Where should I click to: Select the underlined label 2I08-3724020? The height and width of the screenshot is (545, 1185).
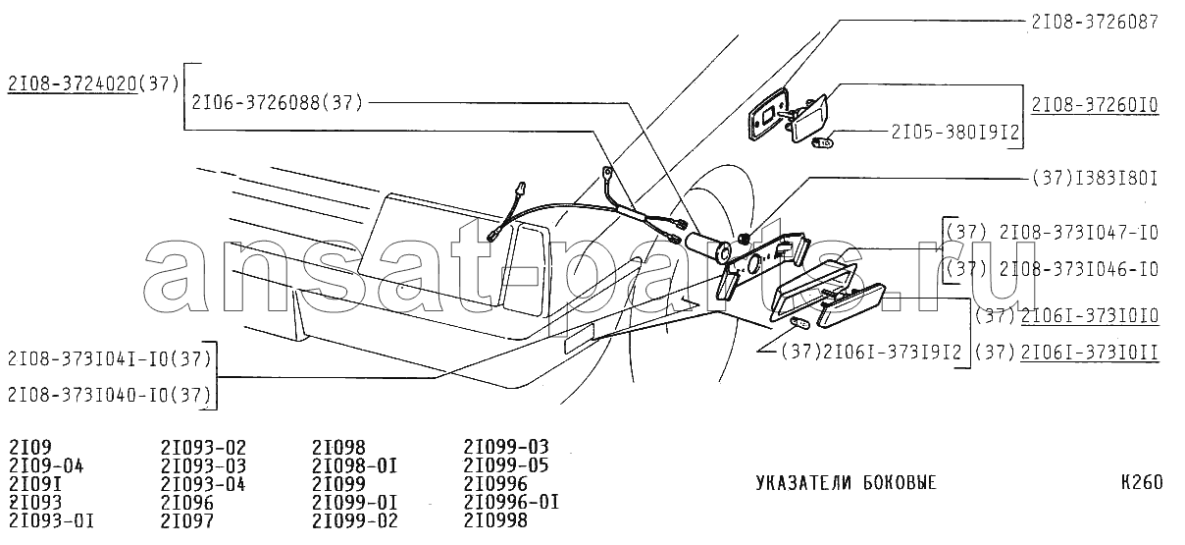click(x=72, y=83)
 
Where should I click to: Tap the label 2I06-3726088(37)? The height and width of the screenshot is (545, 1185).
click(x=278, y=101)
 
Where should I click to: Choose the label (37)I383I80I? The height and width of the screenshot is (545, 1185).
click(x=1095, y=180)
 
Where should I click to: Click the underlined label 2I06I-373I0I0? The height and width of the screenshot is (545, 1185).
click(x=1090, y=315)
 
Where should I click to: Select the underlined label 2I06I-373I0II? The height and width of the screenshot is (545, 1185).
click(x=1090, y=351)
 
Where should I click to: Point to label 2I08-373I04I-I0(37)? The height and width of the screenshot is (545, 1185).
click(x=109, y=357)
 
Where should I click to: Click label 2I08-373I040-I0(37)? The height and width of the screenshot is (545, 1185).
click(x=109, y=395)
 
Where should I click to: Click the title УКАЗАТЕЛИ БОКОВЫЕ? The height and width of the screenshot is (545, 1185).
click(x=846, y=483)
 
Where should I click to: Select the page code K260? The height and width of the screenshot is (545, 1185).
click(x=1141, y=483)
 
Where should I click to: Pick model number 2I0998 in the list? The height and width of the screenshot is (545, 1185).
click(x=494, y=520)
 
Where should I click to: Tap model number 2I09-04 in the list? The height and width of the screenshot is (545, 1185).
click(x=46, y=465)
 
